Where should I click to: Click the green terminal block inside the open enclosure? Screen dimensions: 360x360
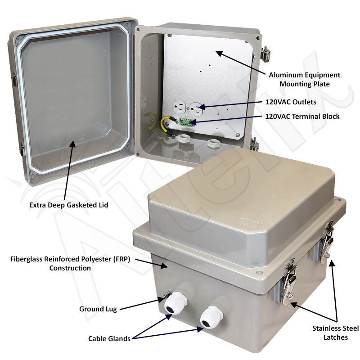point(185,121)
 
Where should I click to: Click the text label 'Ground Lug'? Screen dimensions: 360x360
point(98,309)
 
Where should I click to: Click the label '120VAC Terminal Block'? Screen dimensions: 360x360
point(302,116)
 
